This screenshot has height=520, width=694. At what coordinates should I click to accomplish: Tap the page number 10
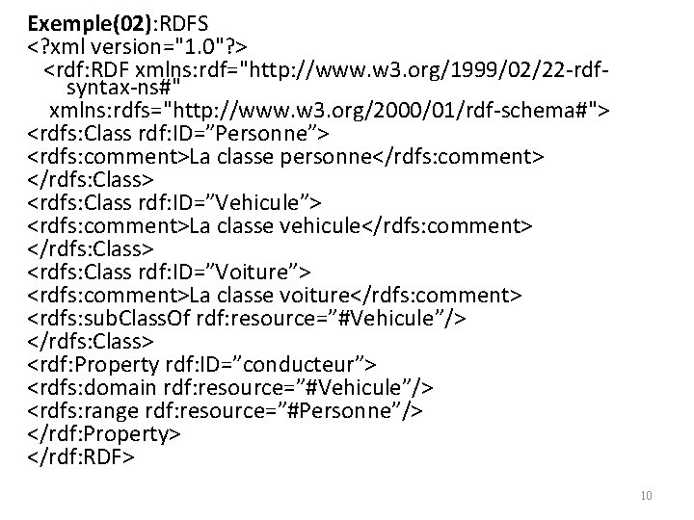click(x=646, y=496)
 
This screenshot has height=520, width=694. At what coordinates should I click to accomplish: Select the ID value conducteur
click(x=311, y=363)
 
